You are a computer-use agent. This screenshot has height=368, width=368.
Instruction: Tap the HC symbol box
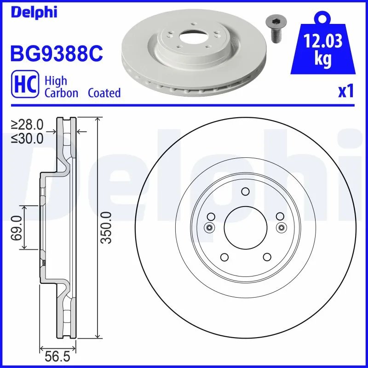[24, 86]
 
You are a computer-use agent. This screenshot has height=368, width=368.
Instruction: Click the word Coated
[104, 92]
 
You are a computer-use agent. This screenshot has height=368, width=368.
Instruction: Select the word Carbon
[61, 92]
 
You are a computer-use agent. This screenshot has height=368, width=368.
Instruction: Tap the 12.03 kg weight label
[323, 50]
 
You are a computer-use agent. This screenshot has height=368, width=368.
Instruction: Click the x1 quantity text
[345, 92]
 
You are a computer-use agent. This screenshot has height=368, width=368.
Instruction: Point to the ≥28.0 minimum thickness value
[28, 124]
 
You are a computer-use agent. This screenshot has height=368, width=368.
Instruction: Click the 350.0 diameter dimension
[106, 227]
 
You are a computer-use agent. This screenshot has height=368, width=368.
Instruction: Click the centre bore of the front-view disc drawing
[245, 227]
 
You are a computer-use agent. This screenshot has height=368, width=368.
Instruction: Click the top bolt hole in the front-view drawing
[245, 191]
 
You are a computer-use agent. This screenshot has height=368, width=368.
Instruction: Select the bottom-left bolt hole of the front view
[224, 257]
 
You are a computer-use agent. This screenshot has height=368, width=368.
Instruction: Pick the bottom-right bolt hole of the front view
[266, 257]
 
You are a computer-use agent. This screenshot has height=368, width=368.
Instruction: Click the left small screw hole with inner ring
[209, 227]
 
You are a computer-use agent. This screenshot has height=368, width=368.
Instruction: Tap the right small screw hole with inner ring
[281, 227]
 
